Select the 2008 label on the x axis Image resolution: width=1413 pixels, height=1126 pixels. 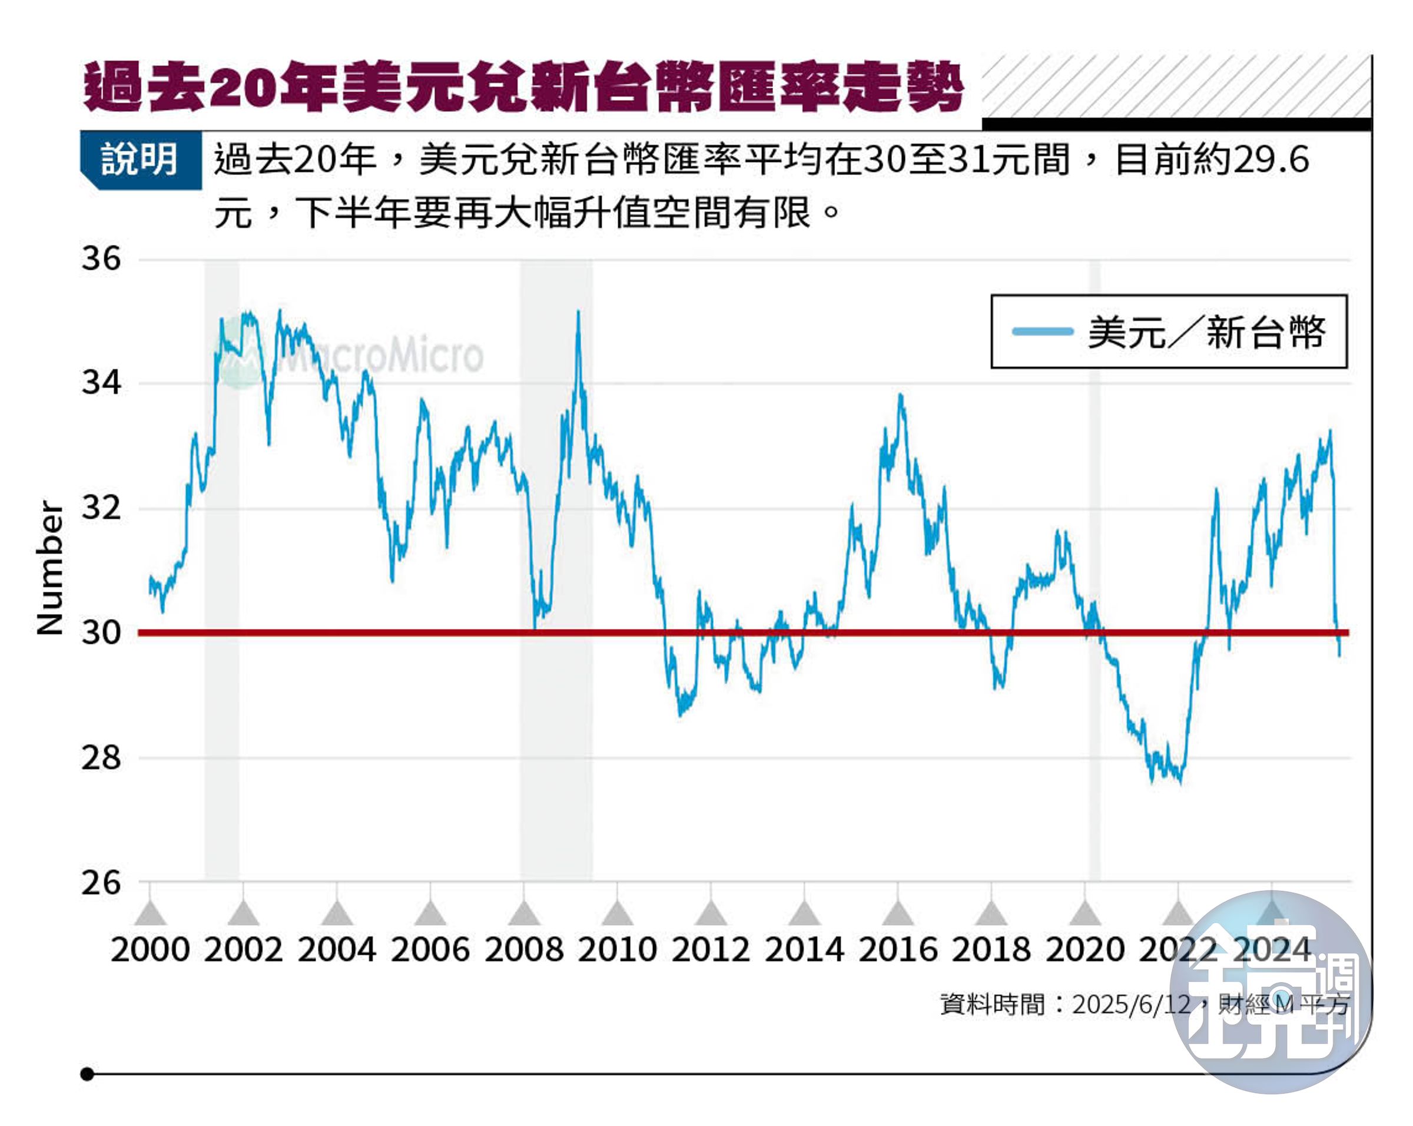pyautogui.click(x=523, y=950)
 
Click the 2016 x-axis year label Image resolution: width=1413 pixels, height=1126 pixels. pyautogui.click(x=897, y=950)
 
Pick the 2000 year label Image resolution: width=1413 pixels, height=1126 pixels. pyautogui.click(x=150, y=950)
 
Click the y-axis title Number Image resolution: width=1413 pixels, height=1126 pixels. pyautogui.click(x=50, y=568)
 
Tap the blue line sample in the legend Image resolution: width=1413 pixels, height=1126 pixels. pyautogui.click(x=1041, y=332)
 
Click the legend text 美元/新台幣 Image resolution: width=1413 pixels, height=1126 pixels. pyautogui.click(x=1206, y=332)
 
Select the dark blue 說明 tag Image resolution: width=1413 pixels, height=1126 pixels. pyautogui.click(x=140, y=159)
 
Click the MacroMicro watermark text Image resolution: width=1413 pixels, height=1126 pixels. pyautogui.click(x=380, y=356)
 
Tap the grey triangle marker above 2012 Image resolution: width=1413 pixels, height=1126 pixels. pyautogui.click(x=711, y=913)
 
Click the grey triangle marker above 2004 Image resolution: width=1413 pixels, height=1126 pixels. pyautogui.click(x=336, y=913)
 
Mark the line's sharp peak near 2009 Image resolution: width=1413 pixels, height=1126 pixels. pyautogui.click(x=578, y=313)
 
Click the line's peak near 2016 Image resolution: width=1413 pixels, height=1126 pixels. pyautogui.click(x=900, y=395)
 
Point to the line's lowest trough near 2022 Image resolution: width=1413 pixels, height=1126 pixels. pyautogui.click(x=1180, y=781)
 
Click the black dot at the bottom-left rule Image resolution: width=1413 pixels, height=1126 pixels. pyautogui.click(x=87, y=1074)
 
